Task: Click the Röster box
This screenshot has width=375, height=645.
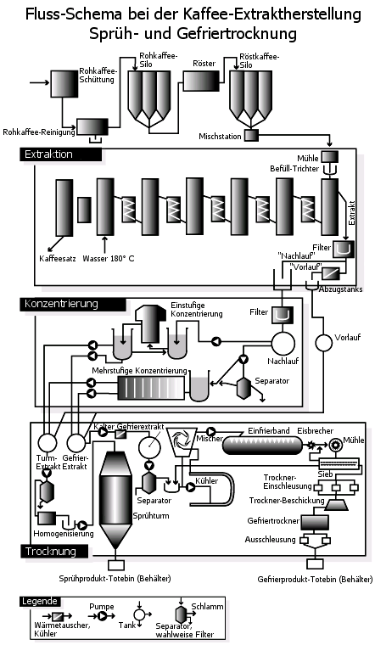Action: pos(201,81)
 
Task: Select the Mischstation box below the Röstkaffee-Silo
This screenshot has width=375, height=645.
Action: pos(252,136)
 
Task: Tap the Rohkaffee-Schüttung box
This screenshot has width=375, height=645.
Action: pos(64,84)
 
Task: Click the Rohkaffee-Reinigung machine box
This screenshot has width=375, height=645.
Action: pos(92,126)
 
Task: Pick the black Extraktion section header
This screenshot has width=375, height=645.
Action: pos(60,154)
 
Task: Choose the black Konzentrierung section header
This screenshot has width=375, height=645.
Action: pos(72,304)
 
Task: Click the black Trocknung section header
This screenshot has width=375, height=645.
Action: pos(54,551)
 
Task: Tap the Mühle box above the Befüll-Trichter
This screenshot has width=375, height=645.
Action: pos(330,157)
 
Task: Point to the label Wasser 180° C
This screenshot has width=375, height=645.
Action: pos(108,258)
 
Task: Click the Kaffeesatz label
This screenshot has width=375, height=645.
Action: pos(58,259)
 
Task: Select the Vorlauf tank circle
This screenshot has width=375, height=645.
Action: pos(323,342)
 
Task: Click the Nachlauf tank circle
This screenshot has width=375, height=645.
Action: pos(283,342)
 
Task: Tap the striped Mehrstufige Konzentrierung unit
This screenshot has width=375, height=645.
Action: pos(150,388)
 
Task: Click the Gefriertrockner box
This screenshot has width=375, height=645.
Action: pos(315,522)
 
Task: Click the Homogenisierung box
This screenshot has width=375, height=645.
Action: pos(47,518)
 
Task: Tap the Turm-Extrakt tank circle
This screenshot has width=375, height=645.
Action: pos(47,443)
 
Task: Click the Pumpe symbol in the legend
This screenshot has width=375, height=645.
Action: pos(102,616)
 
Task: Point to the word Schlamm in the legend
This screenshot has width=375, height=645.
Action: pos(207,606)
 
